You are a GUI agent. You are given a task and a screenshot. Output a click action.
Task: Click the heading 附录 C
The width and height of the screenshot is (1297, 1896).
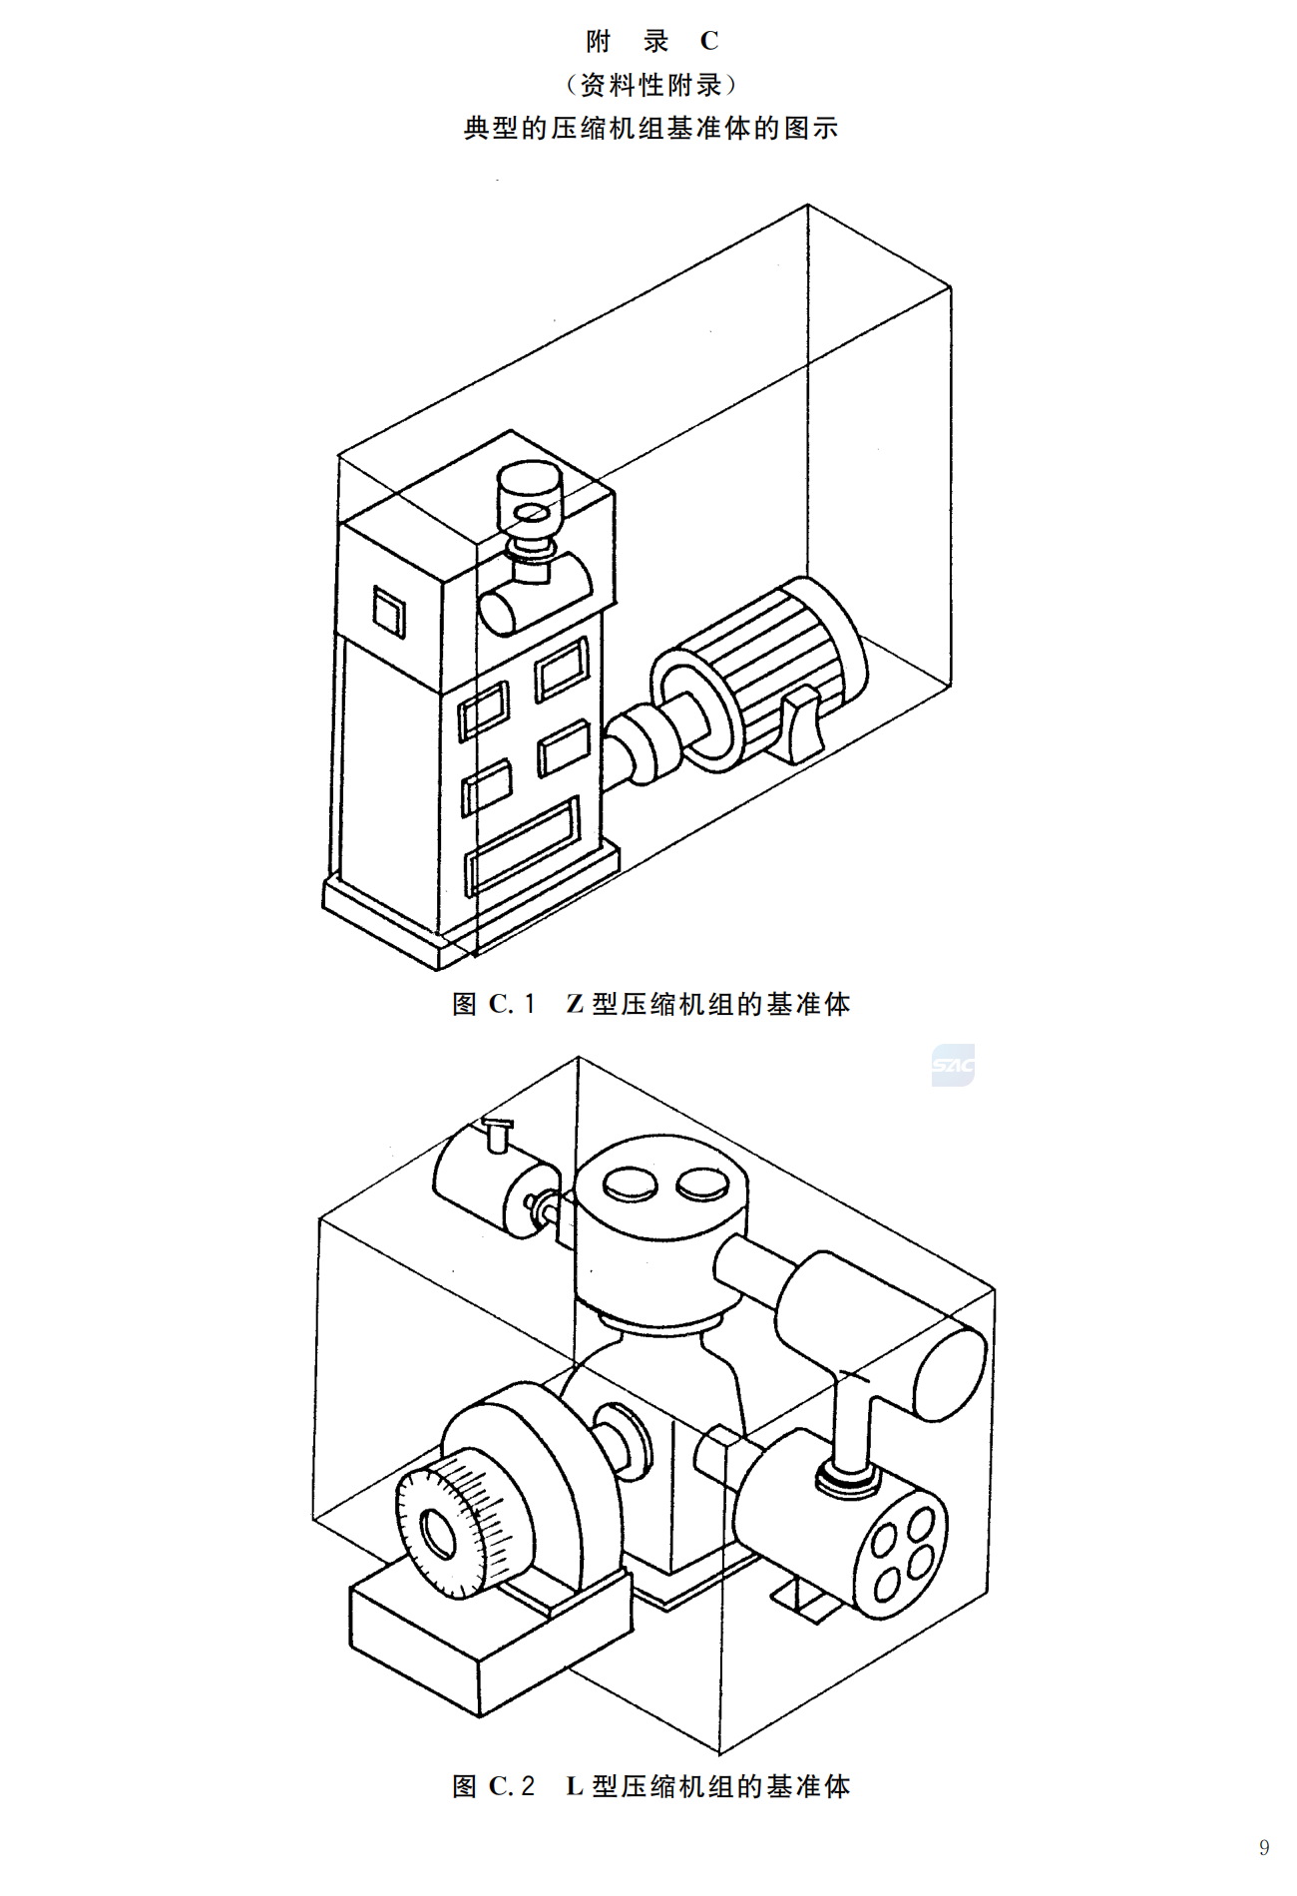(651, 42)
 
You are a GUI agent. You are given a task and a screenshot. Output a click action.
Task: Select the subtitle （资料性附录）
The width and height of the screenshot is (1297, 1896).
(650, 85)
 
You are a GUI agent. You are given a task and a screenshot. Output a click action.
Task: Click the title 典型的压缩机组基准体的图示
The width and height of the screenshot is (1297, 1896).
(650, 129)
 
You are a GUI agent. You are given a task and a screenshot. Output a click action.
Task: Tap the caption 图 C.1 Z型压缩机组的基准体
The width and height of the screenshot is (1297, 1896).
(650, 1004)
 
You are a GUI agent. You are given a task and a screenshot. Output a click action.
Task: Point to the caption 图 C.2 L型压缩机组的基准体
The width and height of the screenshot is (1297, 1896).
(650, 1786)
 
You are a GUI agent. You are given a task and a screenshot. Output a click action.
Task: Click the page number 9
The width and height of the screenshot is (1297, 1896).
(1264, 1847)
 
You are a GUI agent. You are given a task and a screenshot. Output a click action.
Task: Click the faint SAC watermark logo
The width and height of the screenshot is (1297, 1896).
(952, 1066)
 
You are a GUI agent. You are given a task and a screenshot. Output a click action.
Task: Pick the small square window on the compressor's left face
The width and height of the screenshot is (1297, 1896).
(389, 611)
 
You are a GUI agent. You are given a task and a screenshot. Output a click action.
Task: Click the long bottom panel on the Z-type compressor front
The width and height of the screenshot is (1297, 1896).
(522, 844)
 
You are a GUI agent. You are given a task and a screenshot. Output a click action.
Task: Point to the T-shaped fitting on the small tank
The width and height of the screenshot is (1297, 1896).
(496, 1134)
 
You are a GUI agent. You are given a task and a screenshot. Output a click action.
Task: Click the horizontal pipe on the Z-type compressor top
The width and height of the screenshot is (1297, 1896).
(534, 594)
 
